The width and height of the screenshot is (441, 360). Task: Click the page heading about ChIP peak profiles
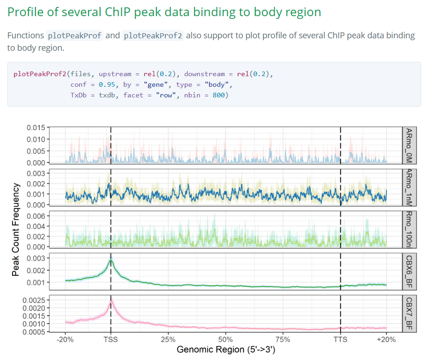tap(164, 12)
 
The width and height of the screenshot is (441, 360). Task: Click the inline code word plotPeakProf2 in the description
tap(153, 36)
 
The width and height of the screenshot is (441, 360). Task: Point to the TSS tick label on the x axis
tap(111, 340)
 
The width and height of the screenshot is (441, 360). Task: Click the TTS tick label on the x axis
tap(340, 340)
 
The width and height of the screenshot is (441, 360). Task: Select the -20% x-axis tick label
tap(65, 340)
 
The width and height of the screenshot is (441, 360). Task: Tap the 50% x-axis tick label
tap(225, 340)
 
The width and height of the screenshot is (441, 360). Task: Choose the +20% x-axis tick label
tap(386, 340)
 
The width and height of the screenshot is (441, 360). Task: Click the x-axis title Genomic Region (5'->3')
tap(226, 350)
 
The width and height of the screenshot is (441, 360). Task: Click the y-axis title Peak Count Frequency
tap(16, 229)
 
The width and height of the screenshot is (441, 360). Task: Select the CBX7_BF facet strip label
tap(408, 313)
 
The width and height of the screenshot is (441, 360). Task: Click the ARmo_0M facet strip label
tap(408, 145)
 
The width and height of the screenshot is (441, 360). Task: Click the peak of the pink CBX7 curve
tap(111, 302)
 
